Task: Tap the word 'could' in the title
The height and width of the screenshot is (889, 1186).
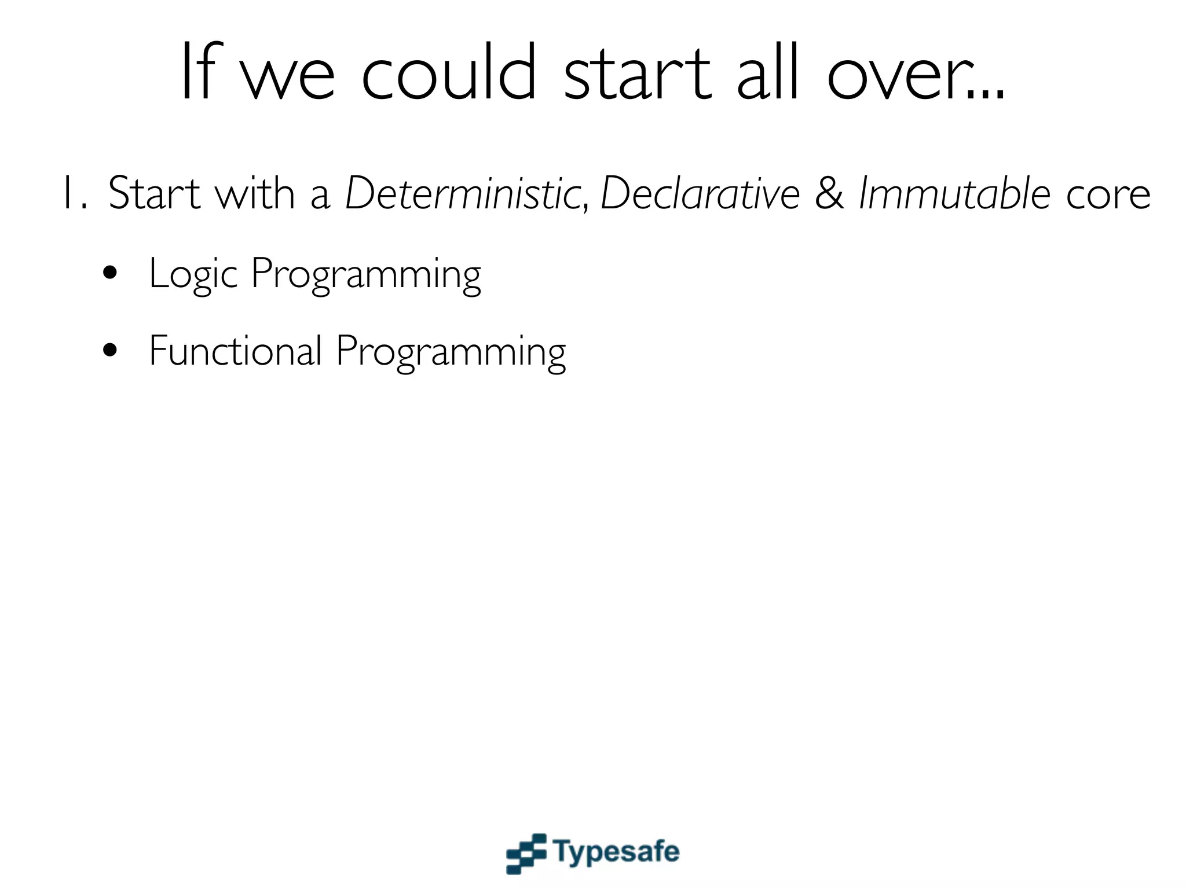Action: (449, 72)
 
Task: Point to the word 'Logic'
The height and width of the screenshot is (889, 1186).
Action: (193, 274)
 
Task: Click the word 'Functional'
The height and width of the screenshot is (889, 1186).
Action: (235, 351)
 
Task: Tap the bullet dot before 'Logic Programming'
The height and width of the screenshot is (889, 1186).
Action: (110, 273)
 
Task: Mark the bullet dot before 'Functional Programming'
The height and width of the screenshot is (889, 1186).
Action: (110, 350)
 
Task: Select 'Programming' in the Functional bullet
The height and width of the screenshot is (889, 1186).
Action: (451, 352)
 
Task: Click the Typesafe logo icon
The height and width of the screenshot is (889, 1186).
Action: (526, 853)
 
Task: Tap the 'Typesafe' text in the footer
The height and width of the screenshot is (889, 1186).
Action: (616, 853)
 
